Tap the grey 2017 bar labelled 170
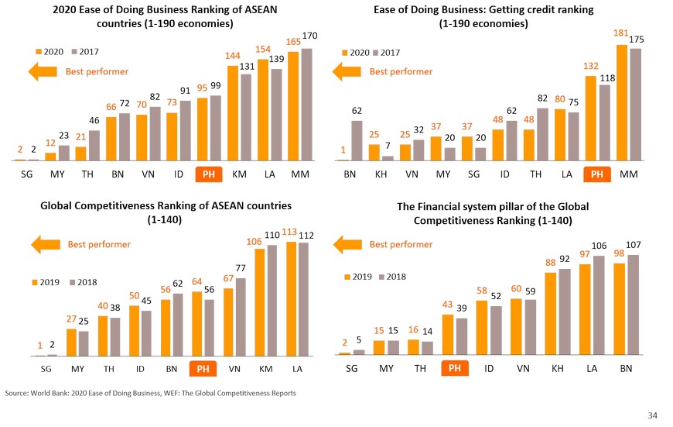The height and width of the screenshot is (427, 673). click(x=306, y=104)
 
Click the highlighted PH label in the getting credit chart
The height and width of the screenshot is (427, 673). click(x=597, y=174)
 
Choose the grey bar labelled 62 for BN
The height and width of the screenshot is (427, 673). click(x=356, y=140)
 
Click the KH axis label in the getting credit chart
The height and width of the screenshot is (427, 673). click(x=381, y=174)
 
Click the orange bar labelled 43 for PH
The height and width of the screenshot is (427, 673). click(x=448, y=334)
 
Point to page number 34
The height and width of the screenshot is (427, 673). click(x=652, y=415)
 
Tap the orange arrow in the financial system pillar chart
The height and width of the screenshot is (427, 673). click(x=347, y=245)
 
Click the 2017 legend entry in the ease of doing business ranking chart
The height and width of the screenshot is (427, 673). click(x=84, y=52)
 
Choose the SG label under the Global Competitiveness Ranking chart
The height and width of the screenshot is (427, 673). click(x=46, y=369)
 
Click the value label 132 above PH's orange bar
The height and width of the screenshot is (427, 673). click(x=592, y=67)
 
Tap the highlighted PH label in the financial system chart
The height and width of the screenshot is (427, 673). click(x=454, y=369)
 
